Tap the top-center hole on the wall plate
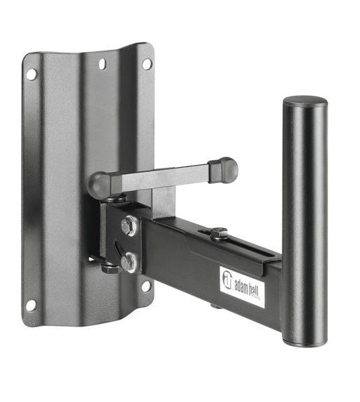pyautogui.click(x=102, y=64)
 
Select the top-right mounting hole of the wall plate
pyautogui.click(x=147, y=63)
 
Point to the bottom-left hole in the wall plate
pyautogui.click(x=31, y=305)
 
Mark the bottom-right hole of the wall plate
pyautogui.click(x=146, y=285)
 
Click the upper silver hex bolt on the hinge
pyautogui.click(x=129, y=226)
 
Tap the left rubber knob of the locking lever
pyautogui.click(x=100, y=185)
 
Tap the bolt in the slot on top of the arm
pyautogui.click(x=219, y=231)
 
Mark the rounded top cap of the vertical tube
pyautogui.click(x=305, y=103)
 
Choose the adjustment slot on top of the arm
pyautogui.click(x=245, y=243)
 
